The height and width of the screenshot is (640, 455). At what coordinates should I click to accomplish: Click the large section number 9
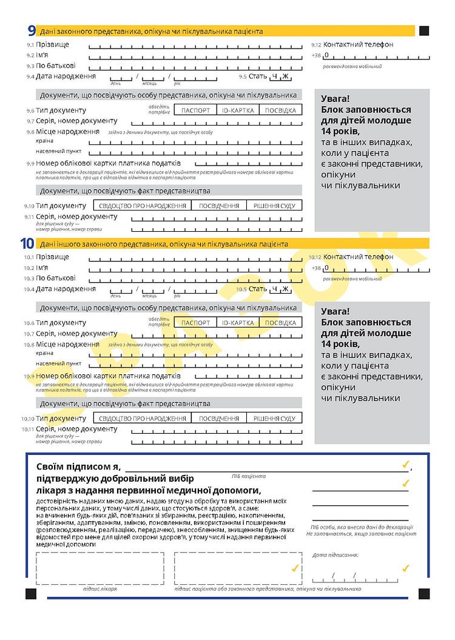click(x=31, y=30)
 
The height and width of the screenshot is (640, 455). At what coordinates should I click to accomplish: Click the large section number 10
click(x=27, y=243)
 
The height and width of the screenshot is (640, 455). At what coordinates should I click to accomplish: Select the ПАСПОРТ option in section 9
click(x=195, y=110)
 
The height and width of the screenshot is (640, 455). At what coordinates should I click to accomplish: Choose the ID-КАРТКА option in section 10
click(x=237, y=323)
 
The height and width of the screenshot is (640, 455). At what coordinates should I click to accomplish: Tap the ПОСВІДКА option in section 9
click(x=280, y=110)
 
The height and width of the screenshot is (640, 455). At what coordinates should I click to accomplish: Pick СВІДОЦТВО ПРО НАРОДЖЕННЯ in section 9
click(x=142, y=206)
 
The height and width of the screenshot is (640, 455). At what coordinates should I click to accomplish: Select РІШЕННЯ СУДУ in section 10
click(x=274, y=418)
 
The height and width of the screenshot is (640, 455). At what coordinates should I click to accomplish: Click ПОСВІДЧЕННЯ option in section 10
click(x=218, y=418)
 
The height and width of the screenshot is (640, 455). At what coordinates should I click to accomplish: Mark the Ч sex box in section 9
click(x=275, y=76)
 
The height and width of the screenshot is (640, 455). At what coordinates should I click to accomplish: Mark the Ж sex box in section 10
click(x=285, y=289)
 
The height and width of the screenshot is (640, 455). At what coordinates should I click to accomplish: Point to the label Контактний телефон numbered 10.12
click(x=358, y=257)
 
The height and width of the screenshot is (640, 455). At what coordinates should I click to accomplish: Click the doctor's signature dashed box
click(x=99, y=568)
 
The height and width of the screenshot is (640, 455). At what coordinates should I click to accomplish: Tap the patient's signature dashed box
click(x=238, y=568)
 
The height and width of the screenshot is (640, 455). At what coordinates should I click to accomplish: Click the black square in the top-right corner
click(x=424, y=30)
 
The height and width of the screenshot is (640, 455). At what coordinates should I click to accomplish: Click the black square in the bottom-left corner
click(x=31, y=593)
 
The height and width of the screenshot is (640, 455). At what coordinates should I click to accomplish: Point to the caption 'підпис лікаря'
click(x=99, y=589)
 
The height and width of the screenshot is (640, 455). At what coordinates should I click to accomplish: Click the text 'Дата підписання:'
click(x=335, y=555)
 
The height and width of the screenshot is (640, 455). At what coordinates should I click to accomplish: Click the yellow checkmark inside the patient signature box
click(x=295, y=568)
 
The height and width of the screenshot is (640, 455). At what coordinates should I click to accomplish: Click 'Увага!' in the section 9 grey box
click(x=335, y=98)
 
